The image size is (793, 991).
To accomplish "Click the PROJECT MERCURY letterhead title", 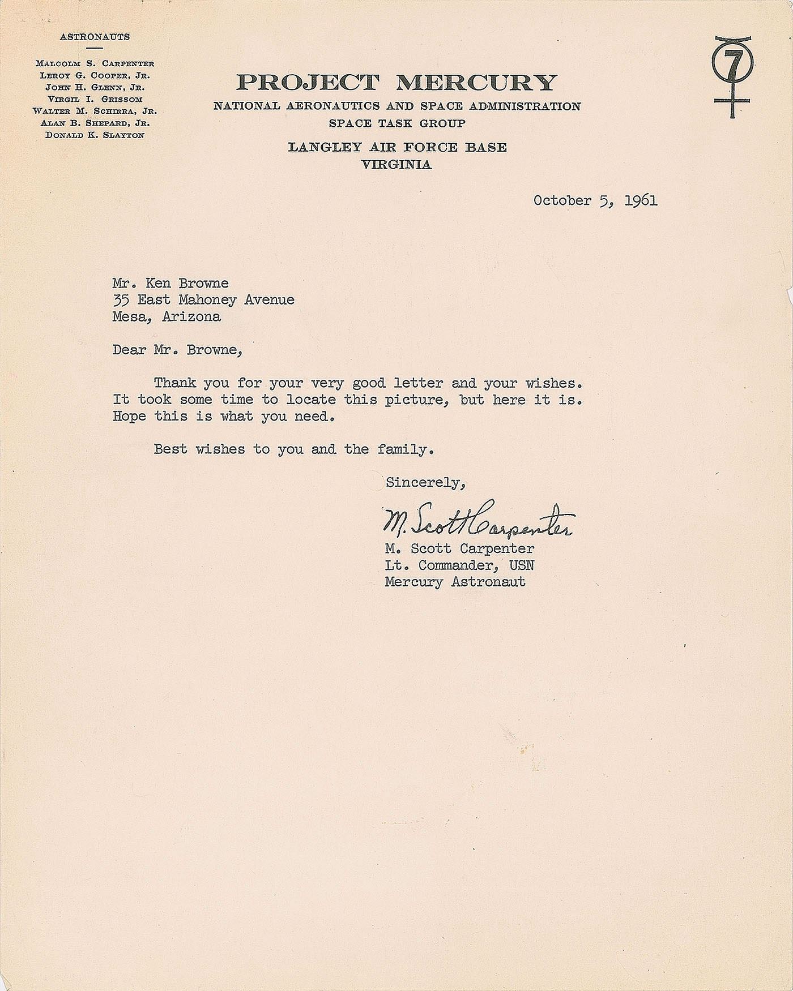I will pos(396,83).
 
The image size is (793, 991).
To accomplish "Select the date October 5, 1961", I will pos(595,201).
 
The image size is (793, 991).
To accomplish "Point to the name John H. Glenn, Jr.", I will pos(95,87).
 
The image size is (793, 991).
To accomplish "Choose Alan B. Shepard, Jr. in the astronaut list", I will pos(95,123).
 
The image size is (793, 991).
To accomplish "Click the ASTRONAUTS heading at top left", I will pos(95,37).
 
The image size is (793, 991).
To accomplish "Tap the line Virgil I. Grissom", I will pos(95,99).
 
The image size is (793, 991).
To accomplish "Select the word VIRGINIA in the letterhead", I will pos(396,165).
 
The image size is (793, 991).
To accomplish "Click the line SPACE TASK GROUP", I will pos(396,123).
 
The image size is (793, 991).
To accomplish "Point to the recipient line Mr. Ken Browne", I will pos(170,283).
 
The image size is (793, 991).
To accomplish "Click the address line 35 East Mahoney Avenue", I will pos(203,300).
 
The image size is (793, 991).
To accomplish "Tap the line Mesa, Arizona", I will pos(167,317).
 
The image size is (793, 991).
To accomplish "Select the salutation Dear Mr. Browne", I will pos(177,350).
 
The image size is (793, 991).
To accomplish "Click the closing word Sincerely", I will pos(425,483).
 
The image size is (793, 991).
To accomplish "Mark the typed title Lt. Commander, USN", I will pos(459,565).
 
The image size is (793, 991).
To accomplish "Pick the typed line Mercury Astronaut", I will pos(455,582).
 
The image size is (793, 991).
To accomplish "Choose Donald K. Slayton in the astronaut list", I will pos(95,135).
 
